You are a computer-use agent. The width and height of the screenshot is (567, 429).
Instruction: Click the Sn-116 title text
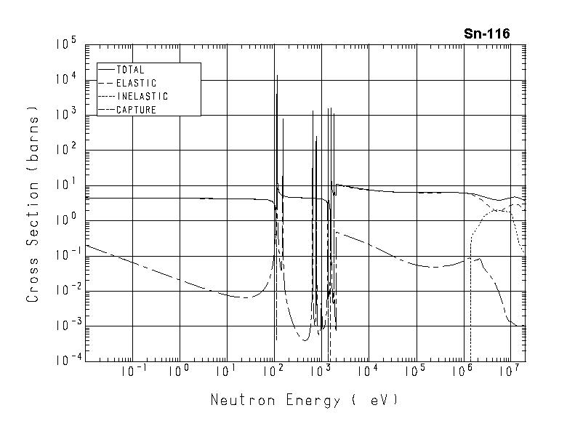(x=486, y=33)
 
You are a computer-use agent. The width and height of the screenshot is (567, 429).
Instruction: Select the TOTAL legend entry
(x=130, y=70)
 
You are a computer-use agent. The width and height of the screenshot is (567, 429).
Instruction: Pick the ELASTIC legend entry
(x=136, y=83)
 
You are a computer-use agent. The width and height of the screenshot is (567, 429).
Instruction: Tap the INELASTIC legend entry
(x=142, y=96)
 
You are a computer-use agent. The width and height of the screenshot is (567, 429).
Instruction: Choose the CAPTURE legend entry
(x=136, y=110)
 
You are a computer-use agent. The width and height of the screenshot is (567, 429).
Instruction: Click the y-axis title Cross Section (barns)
(x=33, y=204)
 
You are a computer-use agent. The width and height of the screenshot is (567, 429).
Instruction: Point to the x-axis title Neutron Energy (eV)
(x=305, y=400)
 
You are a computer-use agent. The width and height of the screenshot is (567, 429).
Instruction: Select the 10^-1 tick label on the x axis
(x=131, y=372)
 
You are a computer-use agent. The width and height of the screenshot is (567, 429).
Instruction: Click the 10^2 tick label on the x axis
(x=273, y=372)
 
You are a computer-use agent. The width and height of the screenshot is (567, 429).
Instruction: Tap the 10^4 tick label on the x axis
(x=367, y=372)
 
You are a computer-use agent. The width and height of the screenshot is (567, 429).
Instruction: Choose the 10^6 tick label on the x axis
(x=462, y=372)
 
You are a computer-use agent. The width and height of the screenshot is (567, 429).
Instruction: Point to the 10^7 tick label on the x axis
(x=509, y=372)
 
